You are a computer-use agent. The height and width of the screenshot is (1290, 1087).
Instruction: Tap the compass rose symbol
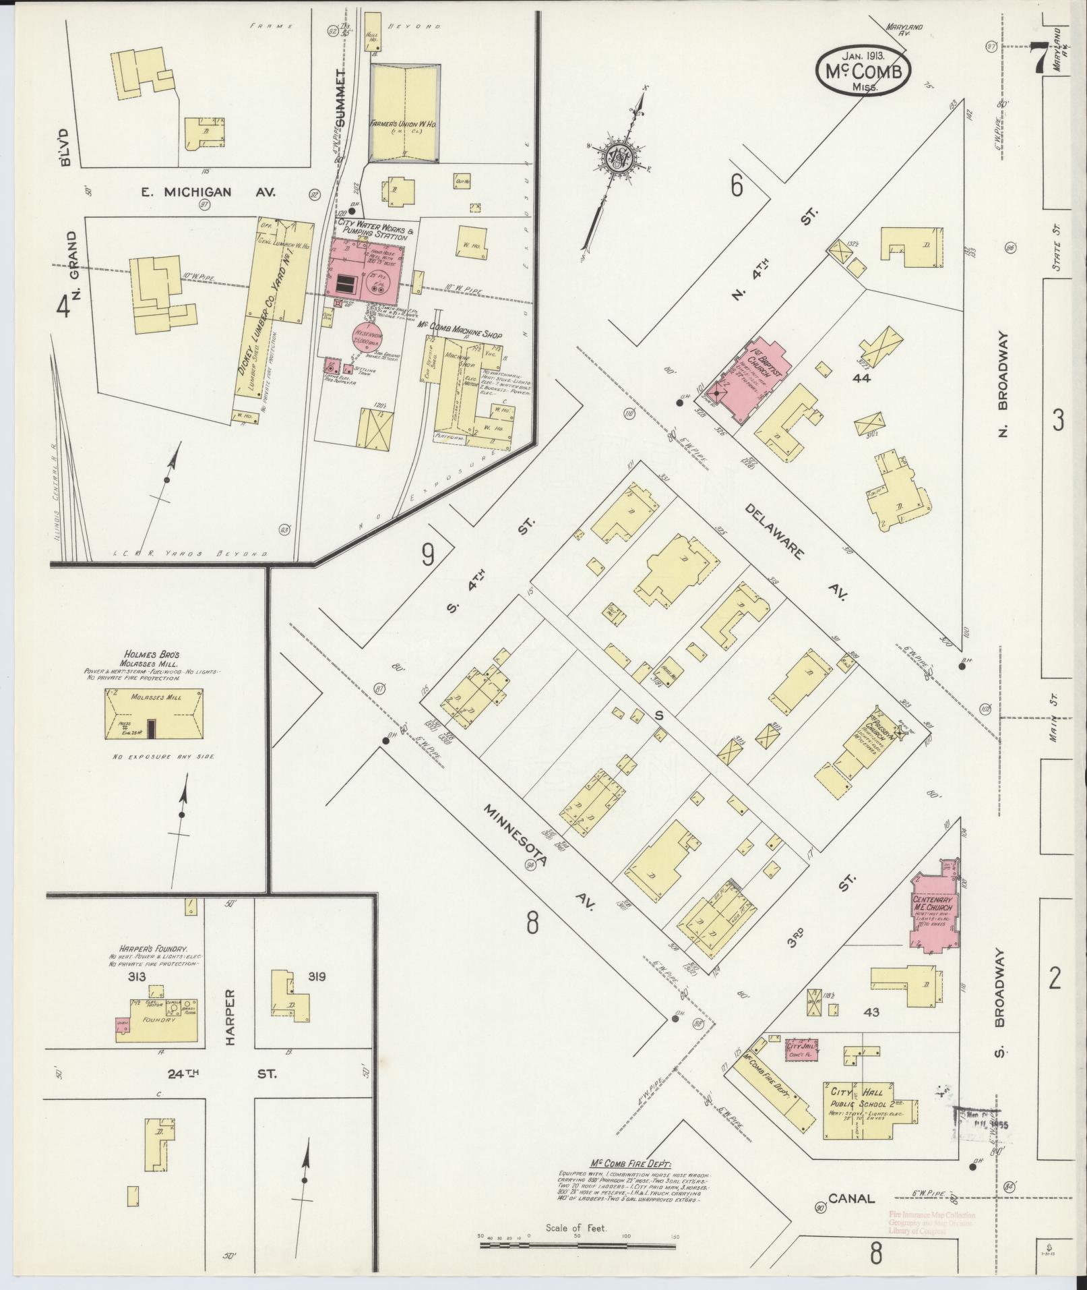tap(616, 159)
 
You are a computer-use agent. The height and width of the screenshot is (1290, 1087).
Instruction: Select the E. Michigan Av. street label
tap(186, 192)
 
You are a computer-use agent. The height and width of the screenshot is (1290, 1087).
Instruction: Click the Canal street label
tap(852, 1198)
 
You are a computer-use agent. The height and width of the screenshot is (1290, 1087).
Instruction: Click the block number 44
tap(861, 378)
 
